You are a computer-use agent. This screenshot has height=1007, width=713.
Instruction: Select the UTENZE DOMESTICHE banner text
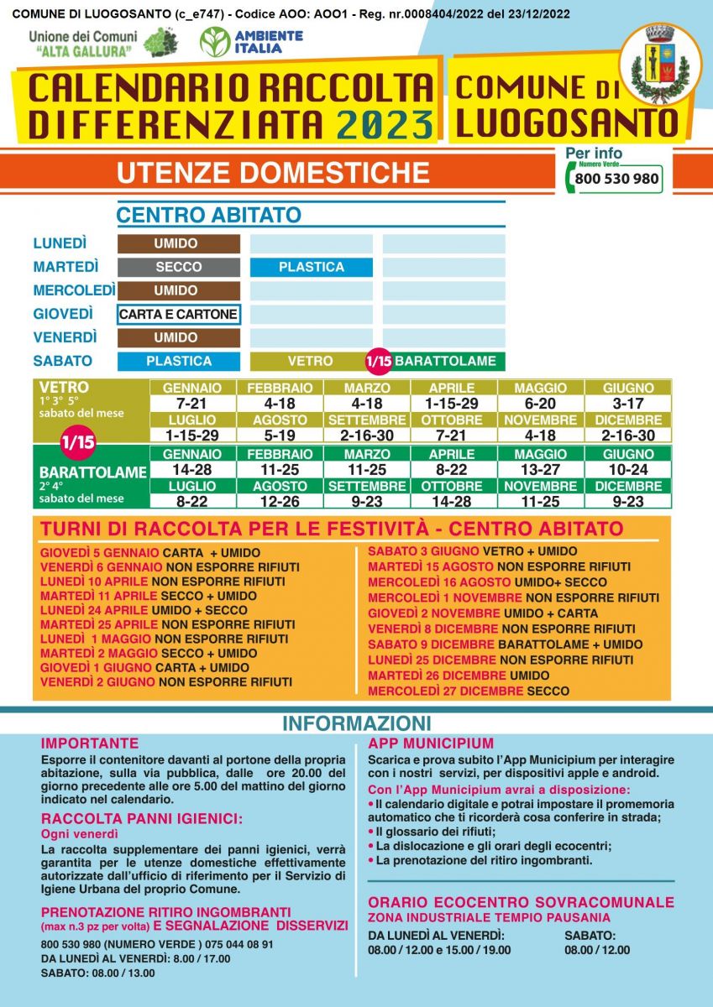pos(273,172)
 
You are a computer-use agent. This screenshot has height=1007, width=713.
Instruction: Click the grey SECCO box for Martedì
pos(179,267)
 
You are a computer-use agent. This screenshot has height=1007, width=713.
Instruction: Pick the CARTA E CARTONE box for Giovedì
pos(179,315)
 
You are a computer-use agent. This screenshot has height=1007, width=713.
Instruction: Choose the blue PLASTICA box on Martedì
pos(311,267)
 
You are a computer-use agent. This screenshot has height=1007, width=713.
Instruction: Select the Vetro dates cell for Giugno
pos(628,404)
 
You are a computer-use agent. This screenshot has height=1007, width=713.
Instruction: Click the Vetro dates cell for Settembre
pos(367,436)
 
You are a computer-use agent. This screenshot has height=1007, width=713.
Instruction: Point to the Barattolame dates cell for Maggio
pos(540,468)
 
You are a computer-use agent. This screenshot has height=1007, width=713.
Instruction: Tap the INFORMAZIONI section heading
pos(356,723)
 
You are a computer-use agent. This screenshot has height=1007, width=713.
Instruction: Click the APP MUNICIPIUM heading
pos(430,744)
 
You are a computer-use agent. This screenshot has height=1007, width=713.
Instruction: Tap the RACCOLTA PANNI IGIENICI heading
pos(141,819)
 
